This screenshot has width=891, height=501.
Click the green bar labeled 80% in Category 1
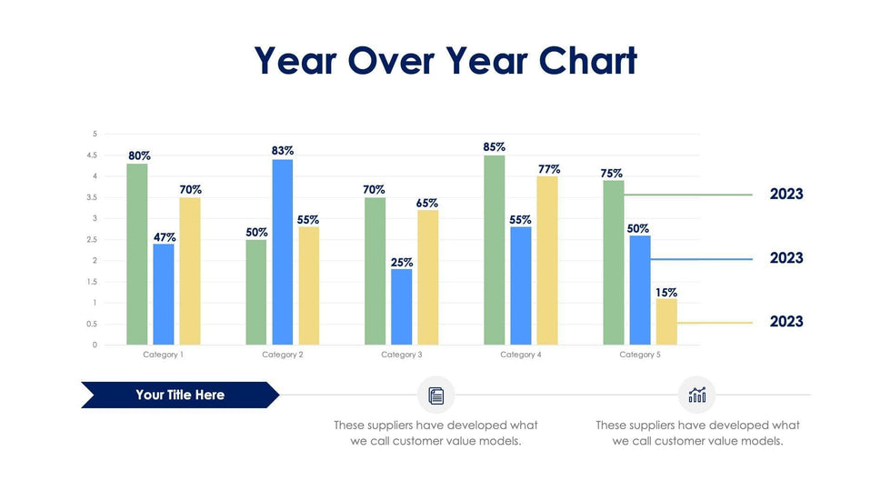click(136, 255)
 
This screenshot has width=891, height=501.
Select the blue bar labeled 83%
click(283, 253)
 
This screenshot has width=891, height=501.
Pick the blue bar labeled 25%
click(402, 307)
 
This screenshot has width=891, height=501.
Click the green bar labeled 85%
click(495, 250)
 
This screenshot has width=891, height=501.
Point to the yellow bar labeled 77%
click(547, 261)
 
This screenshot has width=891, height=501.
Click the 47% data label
click(165, 237)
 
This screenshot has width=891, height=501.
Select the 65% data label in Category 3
click(427, 204)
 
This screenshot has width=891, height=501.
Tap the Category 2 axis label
click(283, 355)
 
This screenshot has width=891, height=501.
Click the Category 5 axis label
click(640, 355)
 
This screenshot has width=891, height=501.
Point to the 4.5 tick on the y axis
click(92, 155)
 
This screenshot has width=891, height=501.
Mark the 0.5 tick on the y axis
click(92, 325)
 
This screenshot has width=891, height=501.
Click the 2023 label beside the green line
click(786, 195)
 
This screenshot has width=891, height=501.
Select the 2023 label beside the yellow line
click(786, 322)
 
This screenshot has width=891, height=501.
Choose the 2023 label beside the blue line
click(786, 258)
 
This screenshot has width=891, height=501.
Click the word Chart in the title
click(587, 61)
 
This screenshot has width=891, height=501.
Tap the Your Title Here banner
click(180, 395)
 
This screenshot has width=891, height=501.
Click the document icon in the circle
click(436, 396)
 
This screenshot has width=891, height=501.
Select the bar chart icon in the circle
click(697, 395)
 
